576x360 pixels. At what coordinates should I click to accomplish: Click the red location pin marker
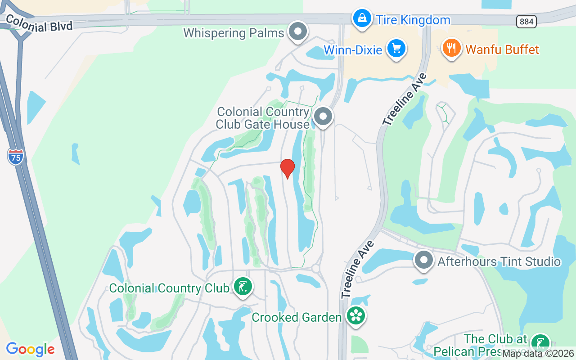click(288, 168)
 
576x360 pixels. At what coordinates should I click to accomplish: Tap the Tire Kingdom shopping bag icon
click(362, 19)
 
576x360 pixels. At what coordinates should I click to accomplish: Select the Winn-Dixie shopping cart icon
click(396, 48)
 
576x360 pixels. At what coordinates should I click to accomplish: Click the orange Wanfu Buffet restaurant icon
click(451, 48)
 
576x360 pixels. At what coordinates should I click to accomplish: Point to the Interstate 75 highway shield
click(16, 157)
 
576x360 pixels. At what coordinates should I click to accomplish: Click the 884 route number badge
click(526, 21)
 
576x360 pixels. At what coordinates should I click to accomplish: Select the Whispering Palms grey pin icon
click(297, 32)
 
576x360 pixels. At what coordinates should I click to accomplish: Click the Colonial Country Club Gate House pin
click(323, 117)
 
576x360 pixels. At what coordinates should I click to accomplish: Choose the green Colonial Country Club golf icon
click(243, 287)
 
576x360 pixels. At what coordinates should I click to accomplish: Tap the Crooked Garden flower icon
click(356, 315)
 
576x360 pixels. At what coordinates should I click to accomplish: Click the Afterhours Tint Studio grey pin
click(423, 261)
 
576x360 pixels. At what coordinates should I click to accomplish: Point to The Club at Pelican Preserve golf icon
click(540, 343)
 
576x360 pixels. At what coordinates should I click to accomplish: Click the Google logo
click(31, 349)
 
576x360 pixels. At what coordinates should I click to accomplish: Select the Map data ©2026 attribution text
click(538, 354)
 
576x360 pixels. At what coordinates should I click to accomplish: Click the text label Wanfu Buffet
click(502, 49)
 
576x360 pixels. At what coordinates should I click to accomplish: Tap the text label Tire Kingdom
click(413, 20)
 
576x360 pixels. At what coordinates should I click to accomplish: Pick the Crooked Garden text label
click(297, 317)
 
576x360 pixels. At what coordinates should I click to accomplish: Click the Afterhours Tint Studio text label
click(499, 261)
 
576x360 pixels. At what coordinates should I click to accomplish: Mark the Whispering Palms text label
click(234, 33)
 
